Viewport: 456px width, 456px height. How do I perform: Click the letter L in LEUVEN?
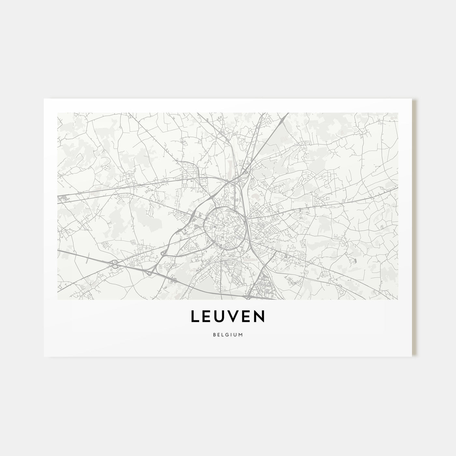coord(195,317)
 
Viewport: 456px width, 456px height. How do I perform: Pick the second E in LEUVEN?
coord(248,317)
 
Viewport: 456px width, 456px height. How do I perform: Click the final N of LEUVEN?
coord(261,317)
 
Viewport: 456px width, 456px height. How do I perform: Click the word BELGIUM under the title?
coord(228,334)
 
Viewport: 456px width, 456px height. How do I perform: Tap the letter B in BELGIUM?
coord(215,334)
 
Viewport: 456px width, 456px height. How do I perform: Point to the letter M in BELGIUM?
coord(241,334)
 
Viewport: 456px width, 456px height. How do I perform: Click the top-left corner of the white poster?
coord(44,98)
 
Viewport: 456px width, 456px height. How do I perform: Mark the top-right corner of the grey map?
coord(398,113)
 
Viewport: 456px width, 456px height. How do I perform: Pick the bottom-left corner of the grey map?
coord(57,299)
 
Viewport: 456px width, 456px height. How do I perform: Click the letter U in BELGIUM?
coord(235,334)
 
